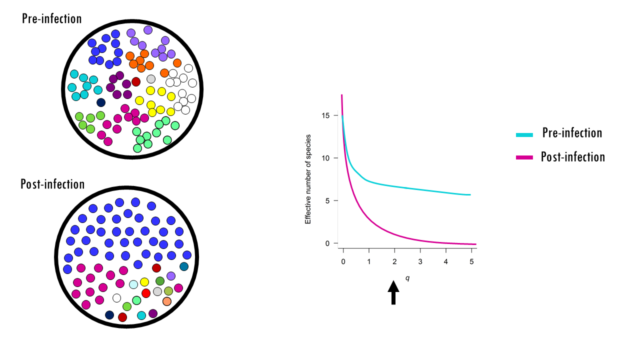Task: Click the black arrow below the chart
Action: pyautogui.click(x=393, y=292)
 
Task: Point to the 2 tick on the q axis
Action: pyautogui.click(x=394, y=262)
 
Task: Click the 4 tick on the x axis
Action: pyautogui.click(x=446, y=262)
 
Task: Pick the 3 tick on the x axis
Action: pyautogui.click(x=420, y=262)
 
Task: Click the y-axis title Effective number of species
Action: pyautogui.click(x=308, y=178)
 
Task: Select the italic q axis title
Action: pyautogui.click(x=407, y=278)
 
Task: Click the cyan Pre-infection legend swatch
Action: pyautogui.click(x=525, y=134)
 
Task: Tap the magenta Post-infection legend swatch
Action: pyautogui.click(x=525, y=158)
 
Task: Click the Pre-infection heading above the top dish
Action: pyautogui.click(x=52, y=19)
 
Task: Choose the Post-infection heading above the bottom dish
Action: pyautogui.click(x=52, y=184)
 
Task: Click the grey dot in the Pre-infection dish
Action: pyautogui.click(x=151, y=79)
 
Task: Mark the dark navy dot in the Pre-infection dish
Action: pyautogui.click(x=101, y=102)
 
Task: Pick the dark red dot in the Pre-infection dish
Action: pyautogui.click(x=136, y=81)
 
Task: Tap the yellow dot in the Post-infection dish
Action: pyautogui.click(x=144, y=282)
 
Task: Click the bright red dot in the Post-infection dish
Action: pyautogui.click(x=146, y=293)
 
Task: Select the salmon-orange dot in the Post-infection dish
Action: pyautogui.click(x=167, y=301)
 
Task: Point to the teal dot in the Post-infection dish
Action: pyautogui.click(x=184, y=266)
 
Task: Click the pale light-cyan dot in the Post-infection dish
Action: pyautogui.click(x=133, y=284)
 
